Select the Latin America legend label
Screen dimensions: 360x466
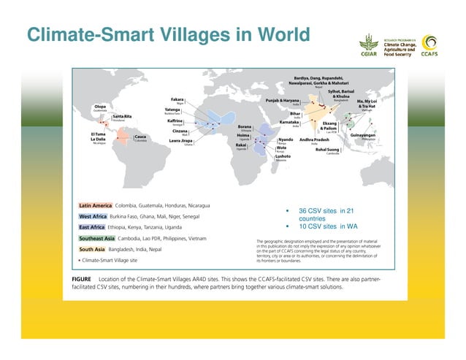pyautogui.click(x=95, y=205)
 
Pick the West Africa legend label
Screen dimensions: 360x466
pyautogui.click(x=93, y=217)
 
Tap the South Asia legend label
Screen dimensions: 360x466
pyautogui.click(x=91, y=249)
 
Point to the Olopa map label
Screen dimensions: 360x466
pyautogui.click(x=101, y=107)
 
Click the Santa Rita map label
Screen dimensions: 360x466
pyautogui.click(x=122, y=116)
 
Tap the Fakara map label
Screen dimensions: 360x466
pyautogui.click(x=177, y=99)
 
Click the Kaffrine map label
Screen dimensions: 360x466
pyautogui.click(x=175, y=120)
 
